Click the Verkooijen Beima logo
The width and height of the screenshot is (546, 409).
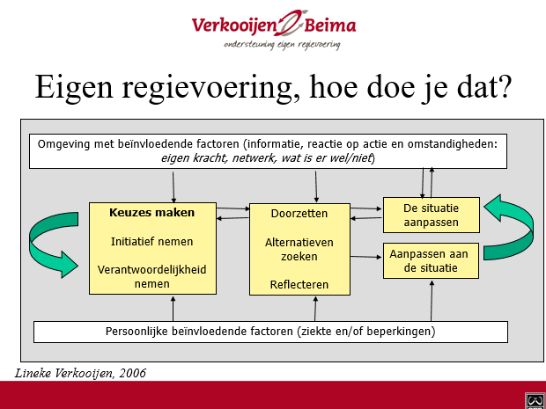274,29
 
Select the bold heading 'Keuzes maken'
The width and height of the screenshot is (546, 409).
151,213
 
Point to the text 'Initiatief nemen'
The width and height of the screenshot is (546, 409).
151,241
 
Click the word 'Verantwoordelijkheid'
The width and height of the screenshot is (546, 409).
151,269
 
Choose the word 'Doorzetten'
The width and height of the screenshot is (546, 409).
299,213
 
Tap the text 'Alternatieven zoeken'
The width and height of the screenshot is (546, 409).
299,250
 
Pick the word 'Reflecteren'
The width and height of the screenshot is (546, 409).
299,284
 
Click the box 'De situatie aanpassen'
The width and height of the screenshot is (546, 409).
432,215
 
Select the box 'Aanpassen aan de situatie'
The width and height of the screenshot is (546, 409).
431,261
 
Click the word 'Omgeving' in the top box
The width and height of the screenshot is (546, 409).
63,144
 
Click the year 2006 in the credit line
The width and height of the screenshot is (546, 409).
132,373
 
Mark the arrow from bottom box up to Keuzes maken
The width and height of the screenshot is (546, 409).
173,309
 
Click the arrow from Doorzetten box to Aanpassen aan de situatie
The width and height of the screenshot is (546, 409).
366,257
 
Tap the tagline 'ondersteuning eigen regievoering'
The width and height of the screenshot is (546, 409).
282,45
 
